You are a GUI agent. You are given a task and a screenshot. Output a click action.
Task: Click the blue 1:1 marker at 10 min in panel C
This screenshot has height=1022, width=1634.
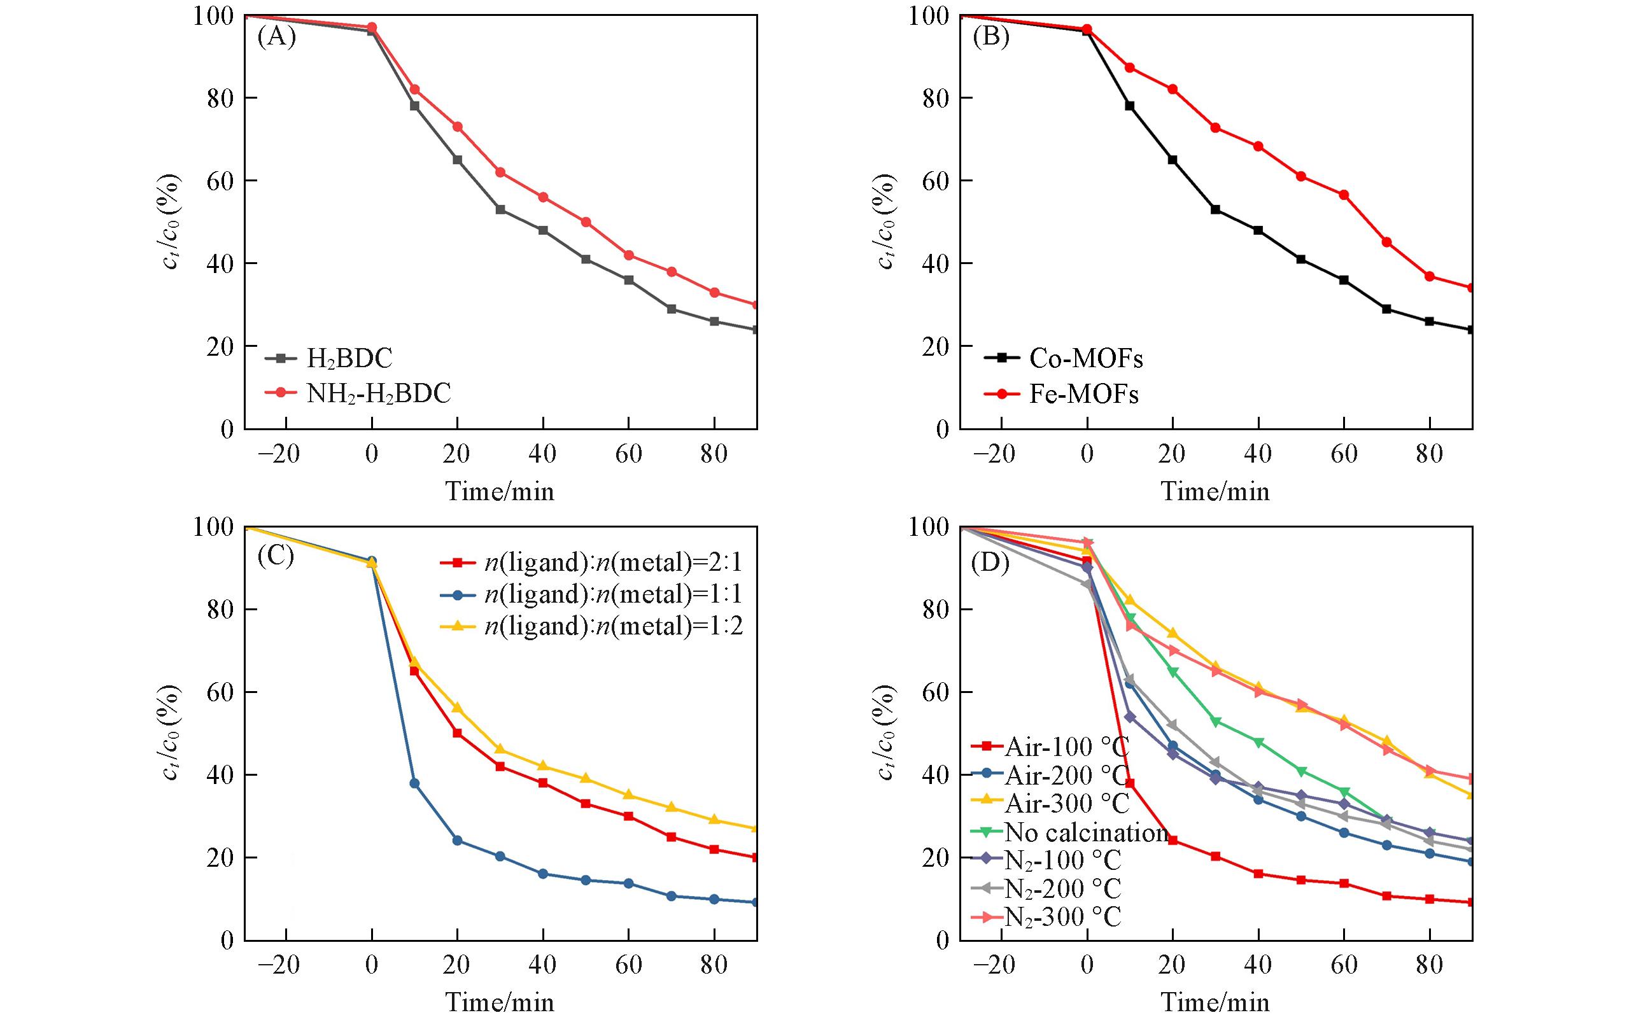414,783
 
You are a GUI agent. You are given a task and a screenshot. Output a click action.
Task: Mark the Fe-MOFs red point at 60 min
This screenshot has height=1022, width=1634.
1344,195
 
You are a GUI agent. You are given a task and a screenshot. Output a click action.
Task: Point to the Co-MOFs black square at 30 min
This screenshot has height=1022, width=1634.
1216,209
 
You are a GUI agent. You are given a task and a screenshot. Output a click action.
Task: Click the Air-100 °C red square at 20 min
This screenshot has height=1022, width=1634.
1173,841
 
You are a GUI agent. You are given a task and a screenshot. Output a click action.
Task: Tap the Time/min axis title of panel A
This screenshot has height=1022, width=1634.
500,491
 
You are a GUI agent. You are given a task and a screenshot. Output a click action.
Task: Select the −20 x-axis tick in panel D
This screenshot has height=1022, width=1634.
994,965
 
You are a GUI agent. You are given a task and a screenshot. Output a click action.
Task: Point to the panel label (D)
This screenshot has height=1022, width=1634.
990,563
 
